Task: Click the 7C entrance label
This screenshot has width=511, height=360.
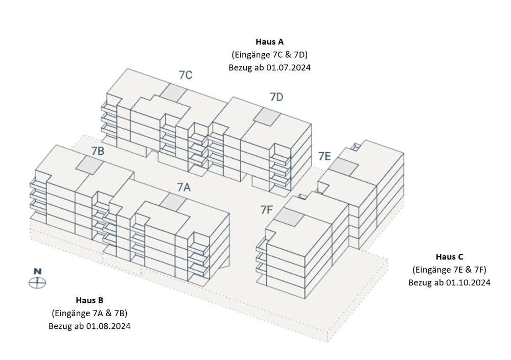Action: click(x=185, y=75)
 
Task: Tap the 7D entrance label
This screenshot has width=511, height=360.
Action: click(x=276, y=97)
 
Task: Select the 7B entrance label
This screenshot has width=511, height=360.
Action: click(x=98, y=151)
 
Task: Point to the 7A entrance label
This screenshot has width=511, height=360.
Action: click(x=183, y=187)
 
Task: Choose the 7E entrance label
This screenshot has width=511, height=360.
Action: click(x=324, y=156)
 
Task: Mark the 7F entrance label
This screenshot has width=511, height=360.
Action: click(x=266, y=210)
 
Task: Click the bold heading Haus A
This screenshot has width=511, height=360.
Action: click(x=269, y=42)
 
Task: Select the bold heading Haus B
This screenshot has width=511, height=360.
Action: click(x=89, y=300)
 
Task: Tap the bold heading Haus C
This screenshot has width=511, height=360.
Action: click(x=449, y=257)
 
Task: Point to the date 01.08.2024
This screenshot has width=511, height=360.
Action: click(x=108, y=326)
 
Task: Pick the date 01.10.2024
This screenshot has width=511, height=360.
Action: click(x=468, y=282)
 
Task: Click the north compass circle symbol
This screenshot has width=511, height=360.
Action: click(x=37, y=283)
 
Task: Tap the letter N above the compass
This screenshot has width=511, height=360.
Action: click(x=38, y=271)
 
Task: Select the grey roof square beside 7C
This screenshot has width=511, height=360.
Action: click(x=174, y=92)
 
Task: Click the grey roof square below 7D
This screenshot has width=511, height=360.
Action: click(x=267, y=116)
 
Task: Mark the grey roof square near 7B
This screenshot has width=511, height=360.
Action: click(x=89, y=164)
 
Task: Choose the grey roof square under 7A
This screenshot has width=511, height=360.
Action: click(x=173, y=201)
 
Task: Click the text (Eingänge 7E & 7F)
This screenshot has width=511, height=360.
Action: click(x=449, y=270)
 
